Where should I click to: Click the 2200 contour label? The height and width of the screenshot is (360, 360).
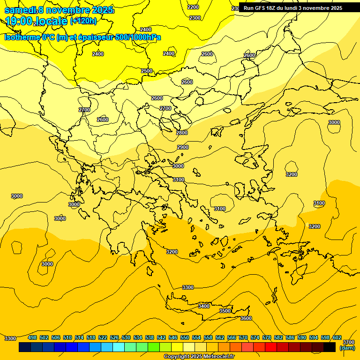click(x=193, y=7)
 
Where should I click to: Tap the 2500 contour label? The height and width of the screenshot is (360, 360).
click(x=147, y=71)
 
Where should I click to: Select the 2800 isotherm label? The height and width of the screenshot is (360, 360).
click(x=182, y=133)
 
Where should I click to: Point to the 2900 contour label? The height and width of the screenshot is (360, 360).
click(x=183, y=148)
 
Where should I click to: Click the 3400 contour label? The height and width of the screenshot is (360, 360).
click(x=204, y=306)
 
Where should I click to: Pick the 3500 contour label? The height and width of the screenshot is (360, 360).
click(x=225, y=311)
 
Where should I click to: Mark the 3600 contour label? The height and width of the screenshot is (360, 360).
click(x=246, y=318)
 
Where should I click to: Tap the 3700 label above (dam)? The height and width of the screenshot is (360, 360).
click(x=349, y=343)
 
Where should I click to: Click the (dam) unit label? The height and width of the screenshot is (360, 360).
click(x=347, y=348)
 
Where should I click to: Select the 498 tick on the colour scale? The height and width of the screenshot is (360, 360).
click(x=32, y=337)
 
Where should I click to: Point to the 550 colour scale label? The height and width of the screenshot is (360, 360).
click(x=184, y=337)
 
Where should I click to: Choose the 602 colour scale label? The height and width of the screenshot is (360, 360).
click(x=337, y=337)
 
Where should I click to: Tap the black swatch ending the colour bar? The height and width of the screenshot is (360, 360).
click(x=329, y=347)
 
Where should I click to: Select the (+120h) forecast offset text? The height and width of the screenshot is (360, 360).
click(x=83, y=21)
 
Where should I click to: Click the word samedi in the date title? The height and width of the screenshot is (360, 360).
click(x=20, y=10)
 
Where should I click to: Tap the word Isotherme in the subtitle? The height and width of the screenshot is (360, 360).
click(x=22, y=37)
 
